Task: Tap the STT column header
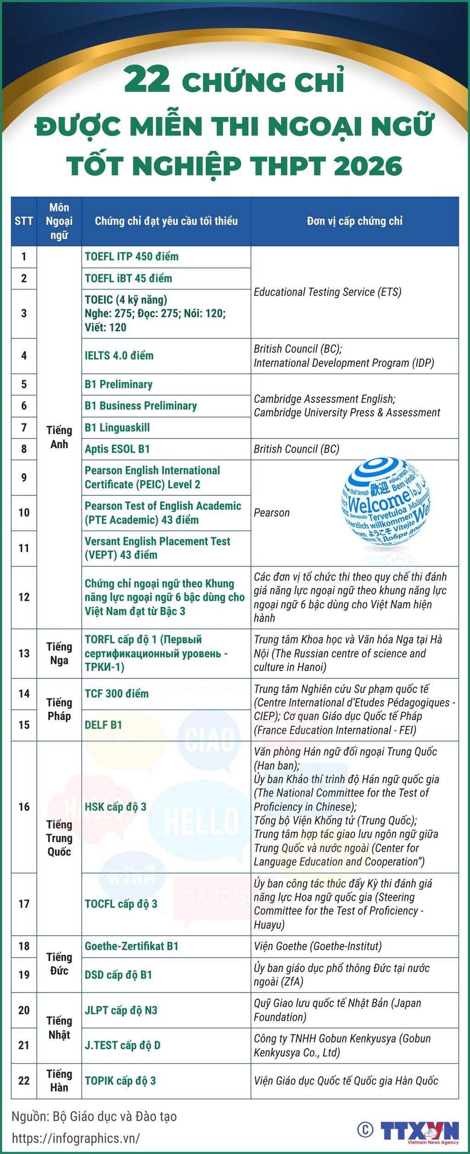[24, 222]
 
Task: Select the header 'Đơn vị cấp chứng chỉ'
[354, 222]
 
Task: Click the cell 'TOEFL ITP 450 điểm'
[132, 257]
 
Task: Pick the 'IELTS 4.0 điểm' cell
[119, 356]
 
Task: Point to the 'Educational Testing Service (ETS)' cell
[327, 292]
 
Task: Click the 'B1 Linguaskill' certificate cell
[117, 428]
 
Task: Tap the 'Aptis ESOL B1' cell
[117, 449]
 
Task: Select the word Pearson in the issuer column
[272, 513]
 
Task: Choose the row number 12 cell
[24, 597]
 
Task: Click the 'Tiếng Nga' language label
[59, 654]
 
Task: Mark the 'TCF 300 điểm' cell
[117, 694]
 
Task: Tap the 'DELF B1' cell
[104, 725]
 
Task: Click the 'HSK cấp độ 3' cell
[116, 807]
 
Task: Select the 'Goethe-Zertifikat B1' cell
[131, 946]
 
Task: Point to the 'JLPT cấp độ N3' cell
[121, 1010]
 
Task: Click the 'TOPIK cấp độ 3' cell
[120, 1081]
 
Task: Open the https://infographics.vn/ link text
[76, 1138]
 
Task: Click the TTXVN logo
[419, 1131]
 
